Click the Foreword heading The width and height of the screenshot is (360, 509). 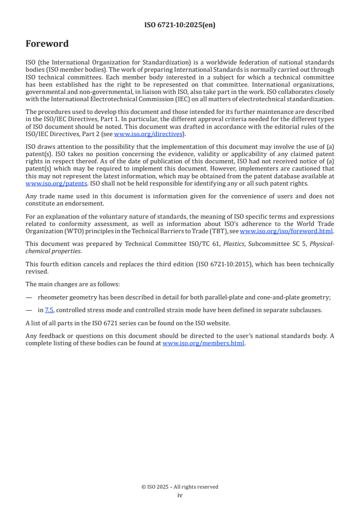pyautogui.click(x=47, y=44)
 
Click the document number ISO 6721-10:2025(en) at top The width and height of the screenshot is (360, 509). pyautogui.click(x=180, y=25)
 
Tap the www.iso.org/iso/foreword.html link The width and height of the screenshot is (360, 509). pyautogui.click(x=286, y=231)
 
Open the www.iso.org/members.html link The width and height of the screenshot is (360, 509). pyautogui.click(x=203, y=343)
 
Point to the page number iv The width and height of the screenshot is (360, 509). pyautogui.click(x=180, y=495)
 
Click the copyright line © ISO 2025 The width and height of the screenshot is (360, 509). pyautogui.click(x=180, y=487)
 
